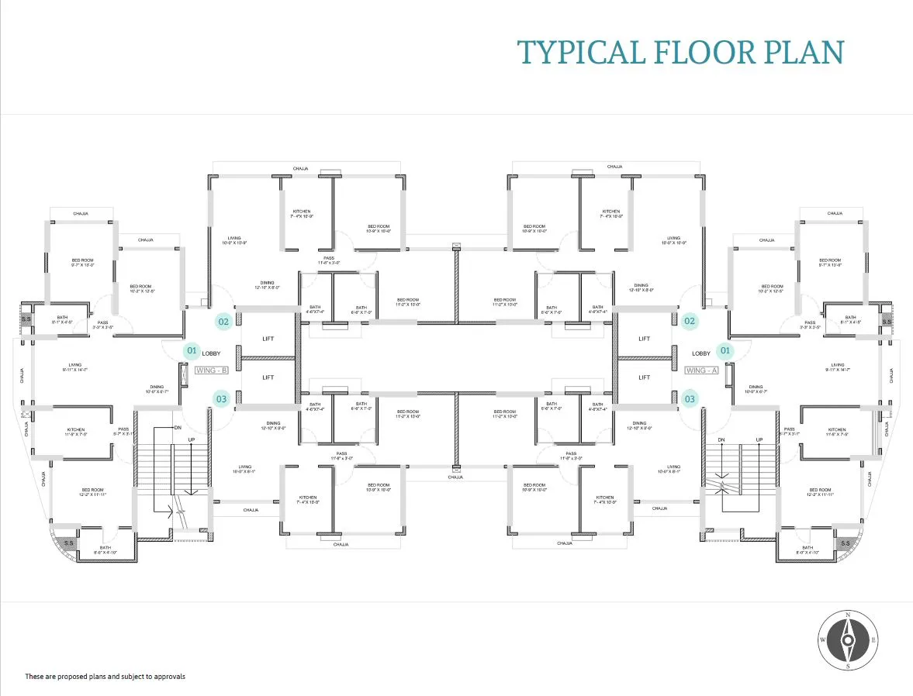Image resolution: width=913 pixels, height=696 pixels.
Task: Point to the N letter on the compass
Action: (x=848, y=615)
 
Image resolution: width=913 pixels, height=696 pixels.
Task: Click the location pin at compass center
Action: (x=848, y=640)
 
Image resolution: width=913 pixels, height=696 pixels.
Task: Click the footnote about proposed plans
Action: (x=105, y=677)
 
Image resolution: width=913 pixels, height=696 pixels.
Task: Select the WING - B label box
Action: (x=212, y=370)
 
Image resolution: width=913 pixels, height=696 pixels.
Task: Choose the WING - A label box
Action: (x=701, y=370)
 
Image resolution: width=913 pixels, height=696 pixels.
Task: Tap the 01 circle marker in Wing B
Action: (x=192, y=351)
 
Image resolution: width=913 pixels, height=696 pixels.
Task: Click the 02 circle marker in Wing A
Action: (x=690, y=320)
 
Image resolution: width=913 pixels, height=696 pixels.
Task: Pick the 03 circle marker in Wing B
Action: (x=222, y=399)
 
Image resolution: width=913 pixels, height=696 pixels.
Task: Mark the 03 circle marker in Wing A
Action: (x=690, y=399)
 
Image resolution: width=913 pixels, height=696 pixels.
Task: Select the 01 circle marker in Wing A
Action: (x=725, y=351)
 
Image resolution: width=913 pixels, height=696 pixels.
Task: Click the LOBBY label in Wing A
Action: (x=701, y=353)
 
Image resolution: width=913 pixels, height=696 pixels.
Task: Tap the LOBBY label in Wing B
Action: (x=212, y=353)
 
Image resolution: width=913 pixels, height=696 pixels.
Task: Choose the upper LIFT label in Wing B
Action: (x=268, y=339)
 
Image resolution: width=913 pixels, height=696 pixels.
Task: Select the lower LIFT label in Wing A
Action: (x=644, y=377)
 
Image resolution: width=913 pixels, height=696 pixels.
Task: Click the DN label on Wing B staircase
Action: (x=178, y=428)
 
